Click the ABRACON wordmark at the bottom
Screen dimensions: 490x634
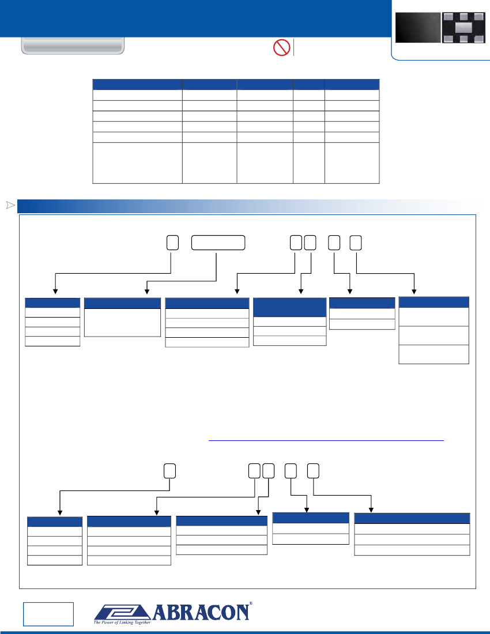(201, 612)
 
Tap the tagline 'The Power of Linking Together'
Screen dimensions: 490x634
(122, 622)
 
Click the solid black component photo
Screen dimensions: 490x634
(417, 28)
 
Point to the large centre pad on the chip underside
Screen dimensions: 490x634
(463, 28)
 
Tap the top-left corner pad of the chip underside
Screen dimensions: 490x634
(447, 17)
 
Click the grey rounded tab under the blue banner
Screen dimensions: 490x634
(73, 46)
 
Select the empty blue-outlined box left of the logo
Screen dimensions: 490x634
(48, 614)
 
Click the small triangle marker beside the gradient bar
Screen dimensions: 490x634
(10, 205)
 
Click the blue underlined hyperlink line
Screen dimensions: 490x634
(326, 440)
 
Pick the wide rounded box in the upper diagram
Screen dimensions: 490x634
(218, 243)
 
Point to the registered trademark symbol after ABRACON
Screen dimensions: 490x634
(251, 603)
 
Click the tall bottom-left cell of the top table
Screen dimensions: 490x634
(137, 163)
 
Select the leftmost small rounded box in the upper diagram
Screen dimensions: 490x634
(172, 243)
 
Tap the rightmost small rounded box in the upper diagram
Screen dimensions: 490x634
(356, 243)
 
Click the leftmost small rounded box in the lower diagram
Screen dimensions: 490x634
(170, 471)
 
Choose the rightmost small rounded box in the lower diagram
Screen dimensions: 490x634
(314, 471)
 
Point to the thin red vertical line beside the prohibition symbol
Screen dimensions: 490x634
(294, 47)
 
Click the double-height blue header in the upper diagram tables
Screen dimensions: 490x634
(289, 307)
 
